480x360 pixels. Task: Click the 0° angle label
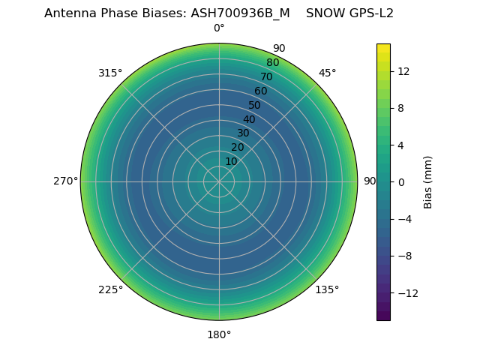tap(219, 28)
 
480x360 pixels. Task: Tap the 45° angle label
tap(327, 73)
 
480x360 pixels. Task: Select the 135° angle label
tap(327, 289)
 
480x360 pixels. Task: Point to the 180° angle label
tap(219, 334)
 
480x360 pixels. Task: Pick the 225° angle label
tap(110, 289)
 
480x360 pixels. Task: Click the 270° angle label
tap(65, 181)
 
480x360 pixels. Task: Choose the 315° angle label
tap(110, 73)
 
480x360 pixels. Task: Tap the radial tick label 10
tap(231, 161)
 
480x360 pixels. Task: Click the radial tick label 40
tap(249, 119)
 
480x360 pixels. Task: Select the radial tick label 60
tap(261, 91)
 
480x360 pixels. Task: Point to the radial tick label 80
tap(272, 63)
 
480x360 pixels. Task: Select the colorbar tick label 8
tap(399, 108)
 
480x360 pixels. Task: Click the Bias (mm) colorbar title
tap(428, 181)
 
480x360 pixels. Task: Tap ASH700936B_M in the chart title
tap(241, 13)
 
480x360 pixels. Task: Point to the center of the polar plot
tap(219, 181)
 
